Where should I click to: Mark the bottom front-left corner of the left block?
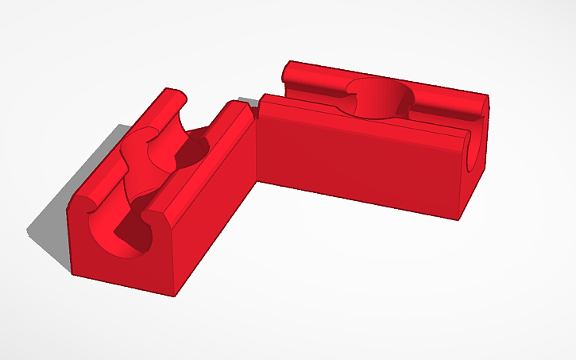pyautogui.click(x=72, y=275)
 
